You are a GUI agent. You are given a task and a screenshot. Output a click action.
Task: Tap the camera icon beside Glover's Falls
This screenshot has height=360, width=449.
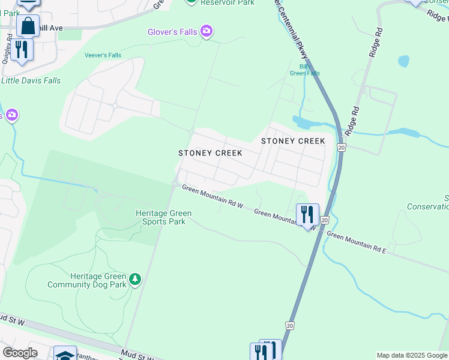[206, 31]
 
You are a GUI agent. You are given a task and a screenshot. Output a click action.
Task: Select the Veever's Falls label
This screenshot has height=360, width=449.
[103, 55]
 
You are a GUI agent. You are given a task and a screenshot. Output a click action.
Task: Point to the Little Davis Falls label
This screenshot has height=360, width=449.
[31, 80]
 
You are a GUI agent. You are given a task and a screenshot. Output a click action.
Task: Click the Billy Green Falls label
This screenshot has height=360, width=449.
[304, 70]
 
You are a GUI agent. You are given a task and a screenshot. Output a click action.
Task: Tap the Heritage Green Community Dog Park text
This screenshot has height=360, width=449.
[89, 280]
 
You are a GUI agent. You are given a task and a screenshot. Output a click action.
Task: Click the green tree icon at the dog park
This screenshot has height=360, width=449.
[136, 279]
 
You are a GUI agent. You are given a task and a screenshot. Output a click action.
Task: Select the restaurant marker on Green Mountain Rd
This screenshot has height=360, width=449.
[307, 214]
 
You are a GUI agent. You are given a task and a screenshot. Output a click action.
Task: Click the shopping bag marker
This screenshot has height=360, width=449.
[28, 26]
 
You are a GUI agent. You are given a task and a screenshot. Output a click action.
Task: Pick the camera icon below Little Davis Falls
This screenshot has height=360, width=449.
[11, 115]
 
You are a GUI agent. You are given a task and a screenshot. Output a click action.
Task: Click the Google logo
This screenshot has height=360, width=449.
[20, 353]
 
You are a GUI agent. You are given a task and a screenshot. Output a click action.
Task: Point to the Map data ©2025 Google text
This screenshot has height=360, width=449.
[412, 355]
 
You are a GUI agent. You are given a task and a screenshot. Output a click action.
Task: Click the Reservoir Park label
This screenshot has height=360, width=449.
[228, 2]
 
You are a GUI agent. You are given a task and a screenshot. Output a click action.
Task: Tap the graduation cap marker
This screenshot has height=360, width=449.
[64, 354]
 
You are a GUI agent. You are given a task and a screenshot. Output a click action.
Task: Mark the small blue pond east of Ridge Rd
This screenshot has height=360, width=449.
[403, 61]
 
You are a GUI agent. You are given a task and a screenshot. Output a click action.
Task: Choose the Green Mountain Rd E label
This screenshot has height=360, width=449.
[357, 242]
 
